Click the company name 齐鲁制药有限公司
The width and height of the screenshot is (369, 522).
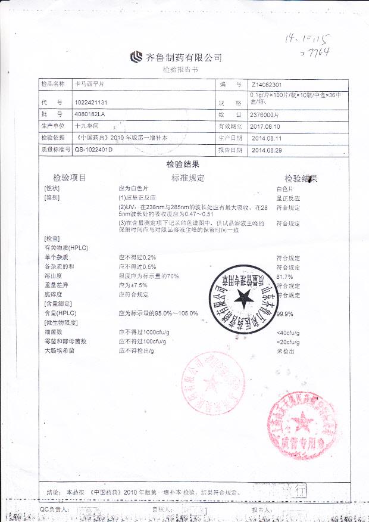[x=184, y=58]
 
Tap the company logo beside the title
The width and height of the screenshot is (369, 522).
[x=136, y=57]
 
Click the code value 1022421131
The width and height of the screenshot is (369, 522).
[x=92, y=102]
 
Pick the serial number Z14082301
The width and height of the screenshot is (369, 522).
[x=270, y=85]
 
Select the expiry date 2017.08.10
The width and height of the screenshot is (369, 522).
[x=265, y=126]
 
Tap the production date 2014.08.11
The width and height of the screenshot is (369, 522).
[x=265, y=138]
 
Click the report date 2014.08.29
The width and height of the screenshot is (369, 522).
[x=265, y=150]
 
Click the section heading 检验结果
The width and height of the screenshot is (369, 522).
[x=183, y=164]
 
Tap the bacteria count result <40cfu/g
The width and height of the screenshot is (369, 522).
[x=288, y=333]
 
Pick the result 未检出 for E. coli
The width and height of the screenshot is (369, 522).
[x=285, y=351]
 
